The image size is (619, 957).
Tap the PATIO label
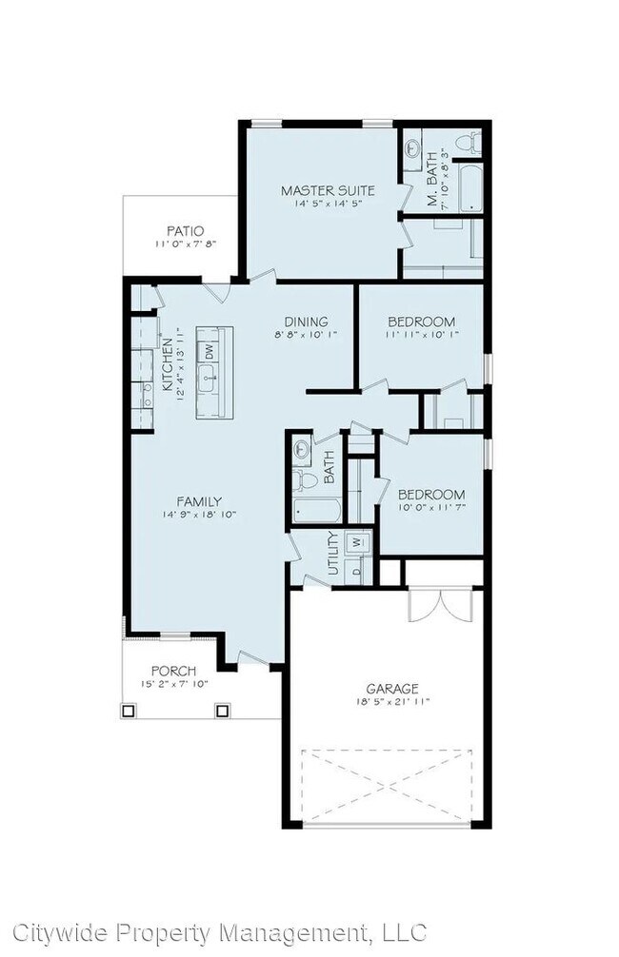[x=186, y=230]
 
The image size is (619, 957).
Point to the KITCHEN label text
[x=168, y=364]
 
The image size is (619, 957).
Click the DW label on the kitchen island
[x=209, y=351]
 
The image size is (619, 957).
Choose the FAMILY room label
[x=199, y=501]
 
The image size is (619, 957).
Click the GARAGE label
[x=391, y=688]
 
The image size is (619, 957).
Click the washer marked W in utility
[x=358, y=542]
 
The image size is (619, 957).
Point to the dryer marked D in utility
[x=357, y=570]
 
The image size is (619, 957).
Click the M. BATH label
[x=431, y=178]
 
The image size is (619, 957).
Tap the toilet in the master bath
[x=467, y=143]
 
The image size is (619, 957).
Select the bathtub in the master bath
[x=469, y=188]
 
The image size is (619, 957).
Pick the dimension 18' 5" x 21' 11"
[x=391, y=702]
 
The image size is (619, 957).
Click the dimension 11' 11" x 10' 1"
[x=421, y=335]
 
